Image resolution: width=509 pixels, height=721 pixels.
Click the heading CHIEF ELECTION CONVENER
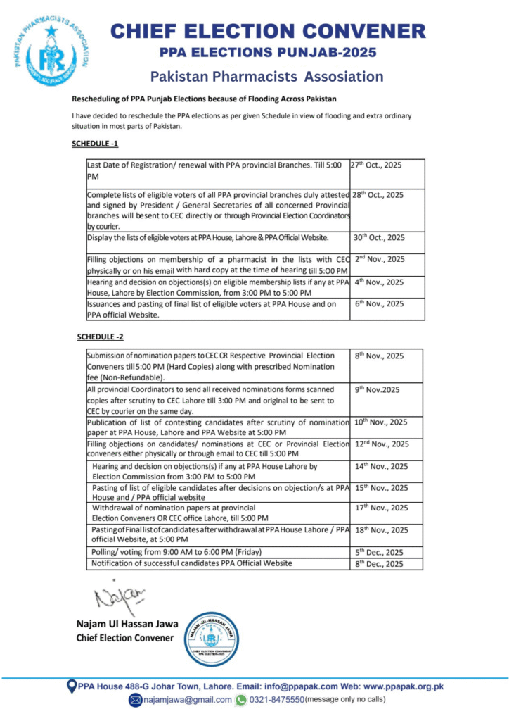[x=268, y=31]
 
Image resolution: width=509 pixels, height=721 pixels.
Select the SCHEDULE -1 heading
[x=95, y=144]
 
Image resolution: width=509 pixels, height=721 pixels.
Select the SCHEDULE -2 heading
[x=100, y=337]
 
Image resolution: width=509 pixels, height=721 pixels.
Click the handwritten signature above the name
[x=119, y=597]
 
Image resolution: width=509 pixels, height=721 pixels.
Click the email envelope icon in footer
[x=136, y=700]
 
